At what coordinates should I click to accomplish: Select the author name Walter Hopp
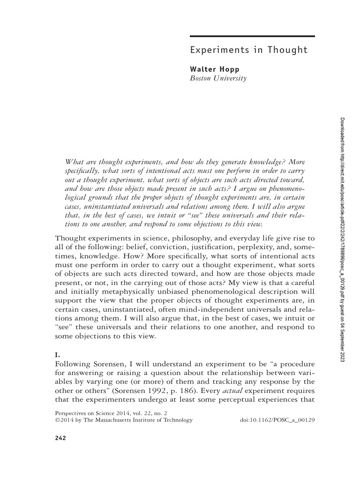[x=214, y=69]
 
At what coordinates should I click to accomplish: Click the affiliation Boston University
[x=218, y=78]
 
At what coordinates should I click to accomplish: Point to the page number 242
[x=61, y=438]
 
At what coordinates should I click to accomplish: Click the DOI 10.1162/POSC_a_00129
[x=277, y=420]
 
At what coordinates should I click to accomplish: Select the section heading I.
[x=57, y=347]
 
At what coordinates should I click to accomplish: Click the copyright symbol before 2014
[x=58, y=420]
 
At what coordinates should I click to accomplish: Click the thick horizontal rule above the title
[x=252, y=36]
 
